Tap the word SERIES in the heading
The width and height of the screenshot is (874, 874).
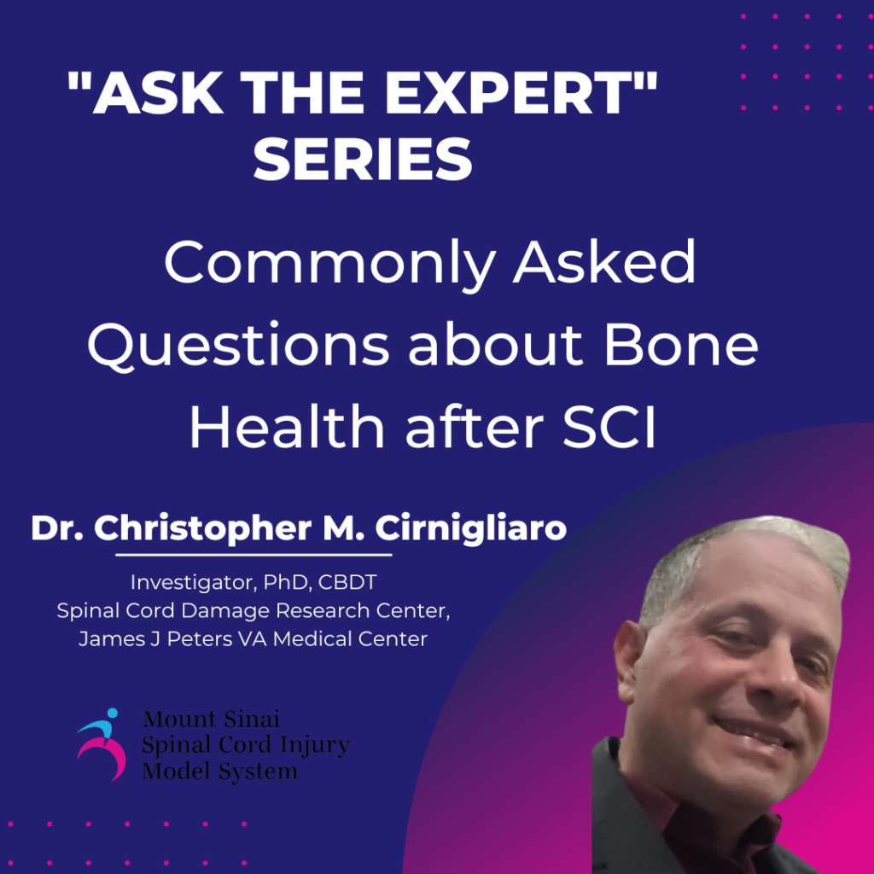pos(363,159)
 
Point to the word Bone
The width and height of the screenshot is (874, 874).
pos(681,345)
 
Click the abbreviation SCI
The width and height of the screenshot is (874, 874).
pos(609,427)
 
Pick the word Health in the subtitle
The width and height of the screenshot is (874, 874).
pos(287,427)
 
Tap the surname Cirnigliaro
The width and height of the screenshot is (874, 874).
pos(471,527)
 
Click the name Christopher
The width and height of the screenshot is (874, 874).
pos(203,528)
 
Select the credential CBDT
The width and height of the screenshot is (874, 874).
pos(347,582)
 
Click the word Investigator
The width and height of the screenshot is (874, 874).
pos(194,582)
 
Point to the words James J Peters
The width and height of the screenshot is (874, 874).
pos(155,638)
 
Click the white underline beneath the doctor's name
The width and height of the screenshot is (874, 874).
pos(253,555)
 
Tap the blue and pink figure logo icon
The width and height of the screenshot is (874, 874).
pos(101,744)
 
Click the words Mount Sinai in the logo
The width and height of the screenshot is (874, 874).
pos(212,719)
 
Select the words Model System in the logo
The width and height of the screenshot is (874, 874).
pos(219,772)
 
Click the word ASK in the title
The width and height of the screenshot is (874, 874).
pos(157,93)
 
